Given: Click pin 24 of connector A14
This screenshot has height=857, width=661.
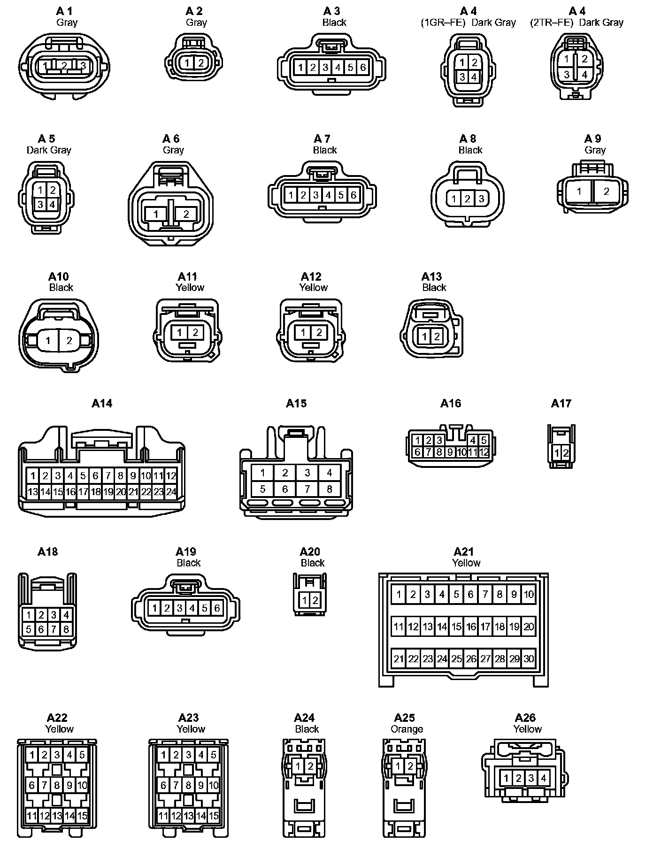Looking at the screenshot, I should (171, 492).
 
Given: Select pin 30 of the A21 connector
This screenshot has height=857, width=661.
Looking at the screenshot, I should (529, 658).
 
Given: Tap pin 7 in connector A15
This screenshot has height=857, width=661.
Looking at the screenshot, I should (307, 489).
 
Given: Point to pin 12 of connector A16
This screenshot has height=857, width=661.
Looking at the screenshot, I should (484, 452).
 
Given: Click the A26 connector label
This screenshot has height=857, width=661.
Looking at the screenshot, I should (525, 718).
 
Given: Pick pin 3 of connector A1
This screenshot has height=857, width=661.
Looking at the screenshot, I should (83, 66).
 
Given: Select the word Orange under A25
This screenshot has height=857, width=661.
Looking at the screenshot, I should (407, 729).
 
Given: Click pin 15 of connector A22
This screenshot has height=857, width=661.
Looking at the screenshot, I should (82, 816).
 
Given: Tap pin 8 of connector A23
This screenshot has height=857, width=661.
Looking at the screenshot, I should (188, 785).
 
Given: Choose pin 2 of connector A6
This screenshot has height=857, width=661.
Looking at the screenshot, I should (186, 214).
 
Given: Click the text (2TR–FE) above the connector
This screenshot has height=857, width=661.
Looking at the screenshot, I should (552, 23).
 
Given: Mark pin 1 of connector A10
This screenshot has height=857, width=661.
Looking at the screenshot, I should (48, 341).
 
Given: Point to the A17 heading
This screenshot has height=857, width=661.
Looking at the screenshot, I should (561, 404).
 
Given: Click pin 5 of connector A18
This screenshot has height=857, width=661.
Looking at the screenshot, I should (29, 629).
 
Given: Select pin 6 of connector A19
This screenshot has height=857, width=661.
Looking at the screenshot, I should (217, 608).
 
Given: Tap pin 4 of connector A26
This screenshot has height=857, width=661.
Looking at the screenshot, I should (543, 778).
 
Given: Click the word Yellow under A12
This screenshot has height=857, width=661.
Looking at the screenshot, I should (314, 287).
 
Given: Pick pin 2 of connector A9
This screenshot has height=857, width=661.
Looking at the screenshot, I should (606, 191).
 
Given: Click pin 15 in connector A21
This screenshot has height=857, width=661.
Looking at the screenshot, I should (456, 627).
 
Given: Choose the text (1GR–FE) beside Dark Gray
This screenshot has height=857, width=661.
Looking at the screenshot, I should (443, 23).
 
